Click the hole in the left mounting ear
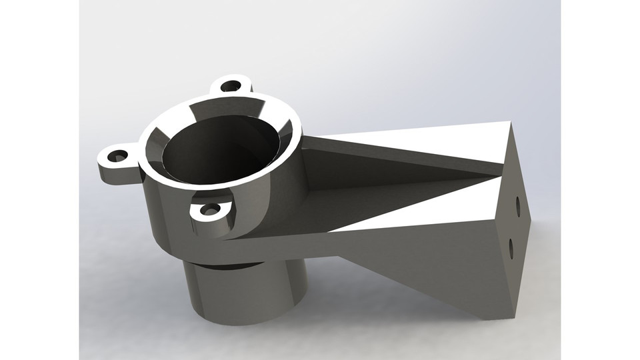pyautogui.click(x=118, y=156)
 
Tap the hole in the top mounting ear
pyautogui.click(x=231, y=85)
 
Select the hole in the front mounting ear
pyautogui.click(x=211, y=211)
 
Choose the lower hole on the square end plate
pyautogui.click(x=511, y=248)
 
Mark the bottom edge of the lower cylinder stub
pyautogui.click(x=247, y=323)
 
